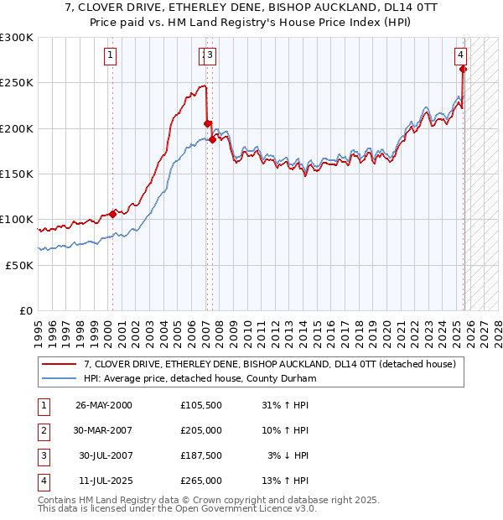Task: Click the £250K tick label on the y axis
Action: click(17, 83)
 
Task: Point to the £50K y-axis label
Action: click(19, 265)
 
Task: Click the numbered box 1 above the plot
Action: click(111, 56)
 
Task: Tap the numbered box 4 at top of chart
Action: click(460, 56)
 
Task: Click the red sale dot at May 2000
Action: click(112, 214)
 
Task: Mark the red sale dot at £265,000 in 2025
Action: click(463, 70)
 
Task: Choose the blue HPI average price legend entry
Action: click(200, 379)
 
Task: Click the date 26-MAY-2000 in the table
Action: click(103, 405)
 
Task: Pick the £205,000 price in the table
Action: click(201, 430)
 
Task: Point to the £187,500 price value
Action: click(201, 455)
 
